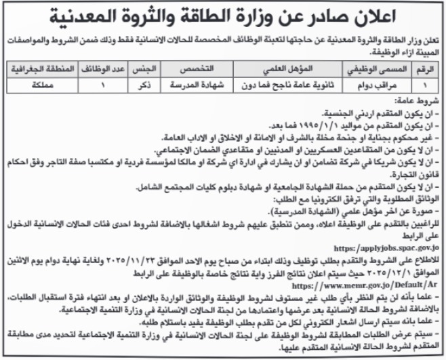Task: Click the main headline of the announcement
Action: coord(223,14)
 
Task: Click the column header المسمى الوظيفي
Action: coord(398,70)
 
